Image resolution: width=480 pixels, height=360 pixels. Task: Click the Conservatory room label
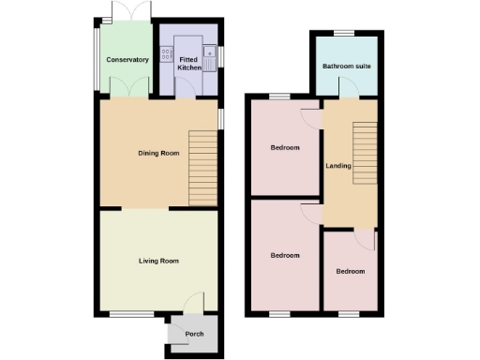[x=127, y=60]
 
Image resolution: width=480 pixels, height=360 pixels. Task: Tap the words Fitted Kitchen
[x=190, y=64]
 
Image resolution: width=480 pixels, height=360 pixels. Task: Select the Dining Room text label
[x=158, y=153]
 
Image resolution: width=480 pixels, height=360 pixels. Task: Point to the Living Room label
[x=158, y=261]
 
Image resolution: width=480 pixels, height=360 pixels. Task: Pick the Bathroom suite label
[x=346, y=67]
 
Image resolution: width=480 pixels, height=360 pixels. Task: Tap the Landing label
[x=338, y=166]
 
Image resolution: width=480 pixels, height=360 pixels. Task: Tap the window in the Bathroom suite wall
[x=346, y=33]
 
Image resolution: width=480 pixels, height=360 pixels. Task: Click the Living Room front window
[x=126, y=312]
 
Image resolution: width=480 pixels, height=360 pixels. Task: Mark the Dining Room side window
[x=221, y=119]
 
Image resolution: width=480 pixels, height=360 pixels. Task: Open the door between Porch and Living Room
[x=194, y=302]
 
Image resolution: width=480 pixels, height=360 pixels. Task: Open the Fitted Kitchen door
[x=187, y=90]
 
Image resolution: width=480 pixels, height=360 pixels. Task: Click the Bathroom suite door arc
[x=347, y=90]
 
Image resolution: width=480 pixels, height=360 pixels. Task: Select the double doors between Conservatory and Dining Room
[x=128, y=87]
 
